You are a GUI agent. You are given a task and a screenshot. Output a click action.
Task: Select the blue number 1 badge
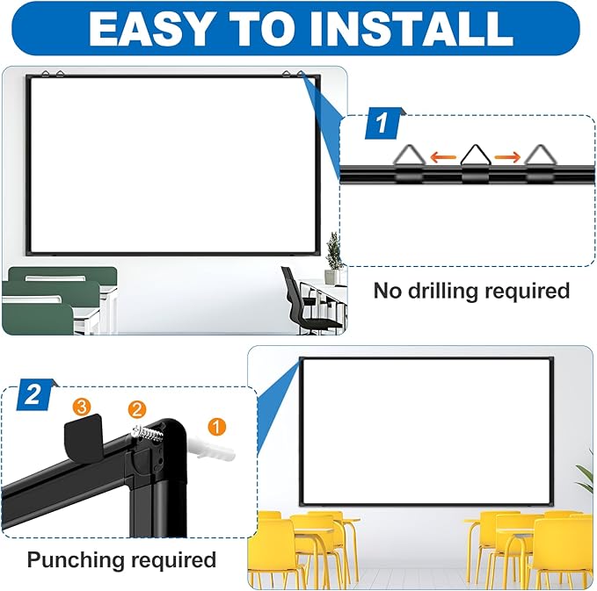382,124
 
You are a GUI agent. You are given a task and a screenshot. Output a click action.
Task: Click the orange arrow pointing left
444,158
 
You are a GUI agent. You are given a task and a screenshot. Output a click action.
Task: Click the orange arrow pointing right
506,158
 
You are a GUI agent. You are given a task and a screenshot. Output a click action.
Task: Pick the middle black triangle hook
475,158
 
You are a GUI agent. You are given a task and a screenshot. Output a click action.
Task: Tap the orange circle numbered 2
136,408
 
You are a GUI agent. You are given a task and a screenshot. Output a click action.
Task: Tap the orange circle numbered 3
81,406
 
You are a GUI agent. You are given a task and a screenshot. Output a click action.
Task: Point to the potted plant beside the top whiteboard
332,257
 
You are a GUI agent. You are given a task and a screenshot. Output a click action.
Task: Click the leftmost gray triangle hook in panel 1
409,158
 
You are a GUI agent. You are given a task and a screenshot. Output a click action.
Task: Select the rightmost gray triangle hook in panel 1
538,158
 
